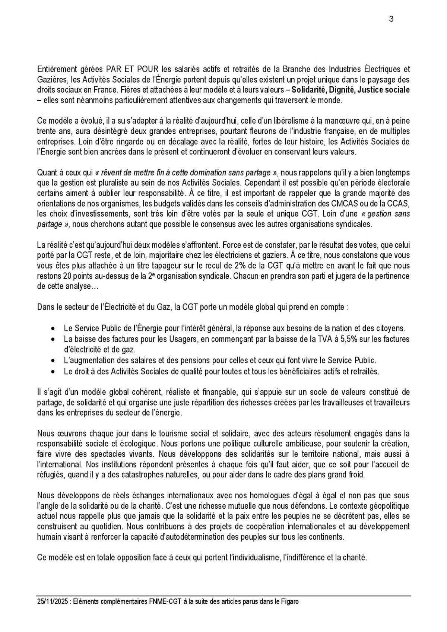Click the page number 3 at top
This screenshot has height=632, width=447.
click(x=391, y=19)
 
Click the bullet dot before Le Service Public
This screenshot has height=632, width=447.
click(x=54, y=329)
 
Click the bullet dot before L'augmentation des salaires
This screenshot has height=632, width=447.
click(x=54, y=361)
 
